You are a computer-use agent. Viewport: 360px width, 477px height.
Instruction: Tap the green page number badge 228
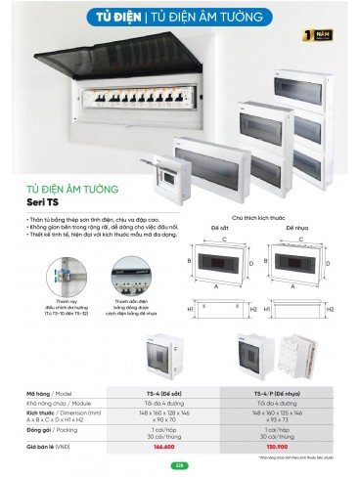tap(180, 466)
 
